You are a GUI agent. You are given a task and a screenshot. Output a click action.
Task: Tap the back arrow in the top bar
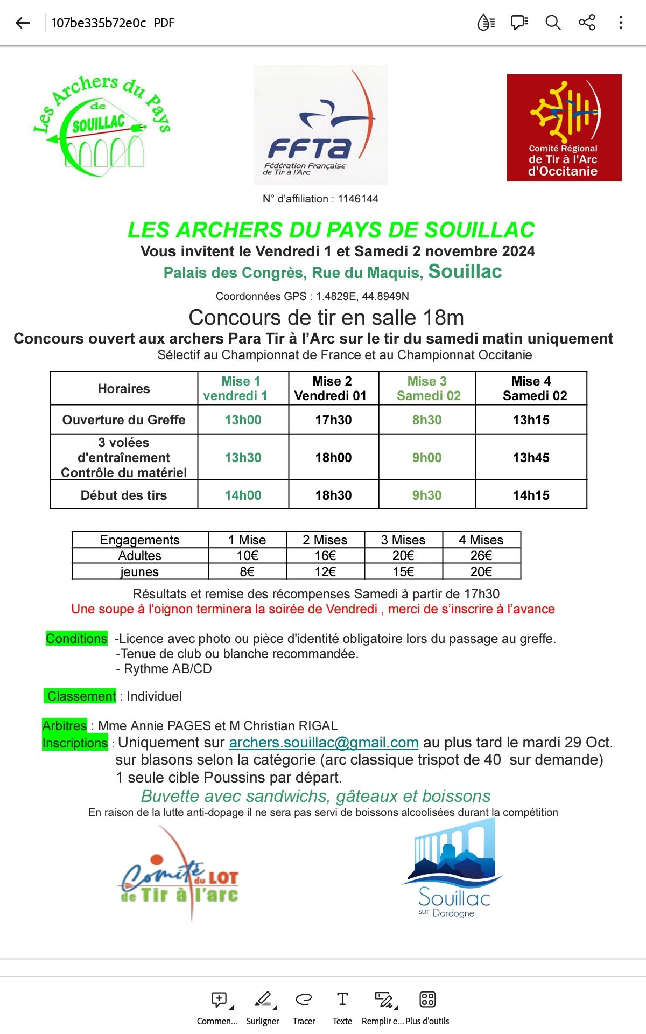click(x=23, y=23)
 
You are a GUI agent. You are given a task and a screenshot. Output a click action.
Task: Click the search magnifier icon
click(x=553, y=23)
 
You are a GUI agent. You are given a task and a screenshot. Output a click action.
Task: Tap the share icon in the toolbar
click(x=587, y=23)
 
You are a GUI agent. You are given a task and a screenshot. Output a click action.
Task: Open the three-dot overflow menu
click(x=621, y=23)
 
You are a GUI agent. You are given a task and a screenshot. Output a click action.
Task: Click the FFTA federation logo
click(x=320, y=125)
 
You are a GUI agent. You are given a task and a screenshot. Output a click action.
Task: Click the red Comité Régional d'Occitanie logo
click(x=564, y=128)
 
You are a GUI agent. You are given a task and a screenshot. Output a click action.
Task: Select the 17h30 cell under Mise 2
click(x=333, y=420)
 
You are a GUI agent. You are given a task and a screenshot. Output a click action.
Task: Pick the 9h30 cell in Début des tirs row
click(x=427, y=495)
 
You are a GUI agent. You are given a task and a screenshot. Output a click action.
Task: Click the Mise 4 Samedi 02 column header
click(x=531, y=388)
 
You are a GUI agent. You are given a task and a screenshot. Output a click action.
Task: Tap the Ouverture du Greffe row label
click(x=124, y=420)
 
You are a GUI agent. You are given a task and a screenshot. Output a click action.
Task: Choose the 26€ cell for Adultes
click(x=481, y=556)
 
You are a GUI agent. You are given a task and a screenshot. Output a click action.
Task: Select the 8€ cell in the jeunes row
click(x=247, y=572)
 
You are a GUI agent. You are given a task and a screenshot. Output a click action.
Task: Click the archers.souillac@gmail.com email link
click(x=324, y=743)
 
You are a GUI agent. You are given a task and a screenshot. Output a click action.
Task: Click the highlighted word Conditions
click(x=76, y=639)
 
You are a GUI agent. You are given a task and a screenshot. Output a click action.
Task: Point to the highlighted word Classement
click(x=81, y=696)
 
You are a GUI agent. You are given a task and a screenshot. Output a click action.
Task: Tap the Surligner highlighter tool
click(x=263, y=1006)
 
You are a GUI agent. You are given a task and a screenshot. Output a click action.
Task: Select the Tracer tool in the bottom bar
click(x=304, y=1006)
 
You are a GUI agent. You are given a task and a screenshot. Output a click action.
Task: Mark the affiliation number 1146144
click(x=358, y=199)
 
